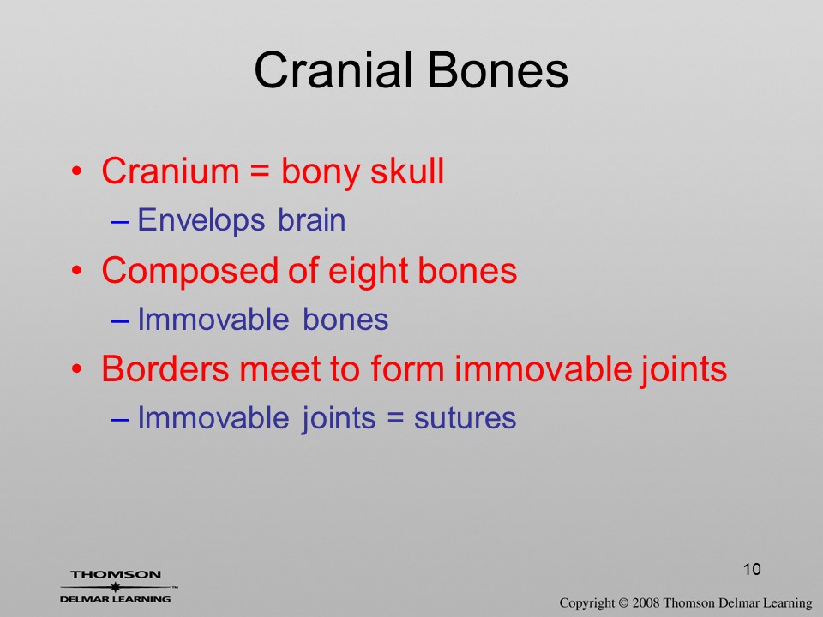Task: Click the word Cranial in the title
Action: pos(333,70)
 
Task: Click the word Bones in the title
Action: pos(497,70)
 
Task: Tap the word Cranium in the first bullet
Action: pos(170,171)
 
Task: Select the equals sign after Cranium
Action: pos(260,172)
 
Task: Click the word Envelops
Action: pos(201,221)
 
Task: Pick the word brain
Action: pos(312,220)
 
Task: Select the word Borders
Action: pos(165,368)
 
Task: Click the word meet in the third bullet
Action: pos(279,369)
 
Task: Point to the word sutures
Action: pos(465,419)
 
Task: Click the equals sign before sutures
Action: pos(394,419)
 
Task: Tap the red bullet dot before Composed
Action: pos(77,272)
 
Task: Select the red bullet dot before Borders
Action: pos(77,368)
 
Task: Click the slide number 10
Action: pos(752,569)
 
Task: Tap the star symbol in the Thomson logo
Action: pos(115,587)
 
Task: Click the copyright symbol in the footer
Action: pos(623,603)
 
